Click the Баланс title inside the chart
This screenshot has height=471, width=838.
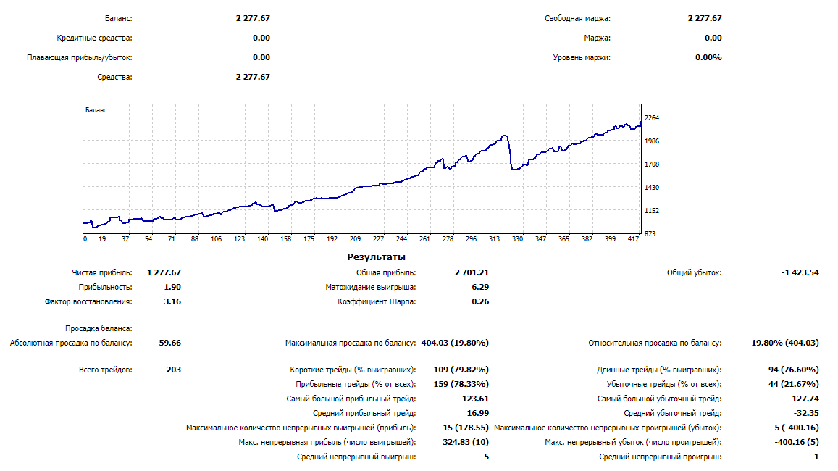[x=96, y=110]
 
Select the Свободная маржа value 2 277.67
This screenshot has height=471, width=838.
[x=705, y=19]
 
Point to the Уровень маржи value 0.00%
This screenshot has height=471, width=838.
[x=708, y=57]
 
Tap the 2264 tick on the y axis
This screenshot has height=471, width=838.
[x=651, y=118]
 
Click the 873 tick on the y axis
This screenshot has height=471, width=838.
[x=650, y=233]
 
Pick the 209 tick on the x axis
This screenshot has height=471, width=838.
[x=356, y=238]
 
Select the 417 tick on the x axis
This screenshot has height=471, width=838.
[x=632, y=238]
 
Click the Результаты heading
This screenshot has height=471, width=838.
[x=377, y=257]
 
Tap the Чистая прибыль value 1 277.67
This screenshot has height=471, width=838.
[x=164, y=272]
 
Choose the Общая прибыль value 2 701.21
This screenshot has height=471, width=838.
[x=472, y=272]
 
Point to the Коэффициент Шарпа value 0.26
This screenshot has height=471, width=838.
[x=479, y=301]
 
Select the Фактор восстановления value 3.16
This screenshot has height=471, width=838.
[x=172, y=301]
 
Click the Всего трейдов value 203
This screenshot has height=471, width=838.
[x=173, y=370]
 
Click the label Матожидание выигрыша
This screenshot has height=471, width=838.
[x=371, y=287]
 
